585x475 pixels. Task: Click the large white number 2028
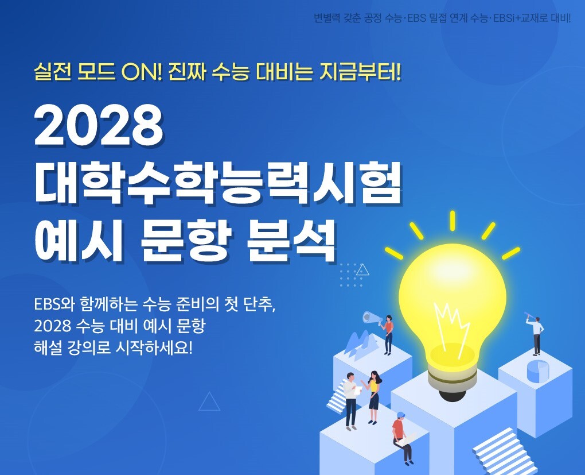click(x=99, y=126)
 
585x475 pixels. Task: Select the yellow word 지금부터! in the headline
click(x=360, y=72)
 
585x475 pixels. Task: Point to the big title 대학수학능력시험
click(x=218, y=183)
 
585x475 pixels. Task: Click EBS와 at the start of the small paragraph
click(x=54, y=304)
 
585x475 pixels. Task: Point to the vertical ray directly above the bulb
click(x=452, y=221)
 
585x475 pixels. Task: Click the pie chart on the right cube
click(x=537, y=370)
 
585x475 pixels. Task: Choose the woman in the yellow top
click(x=373, y=397)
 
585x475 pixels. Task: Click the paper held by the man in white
click(x=357, y=391)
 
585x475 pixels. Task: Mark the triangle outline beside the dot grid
click(x=362, y=269)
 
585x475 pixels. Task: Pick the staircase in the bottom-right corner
click(x=504, y=452)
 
